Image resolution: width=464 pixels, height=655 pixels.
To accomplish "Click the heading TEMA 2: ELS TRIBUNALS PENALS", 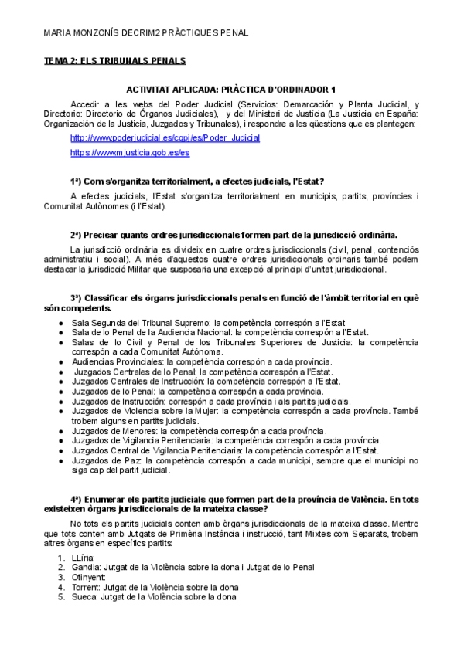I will pos(114,60).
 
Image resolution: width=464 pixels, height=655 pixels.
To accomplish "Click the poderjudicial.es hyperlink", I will pos(165,137).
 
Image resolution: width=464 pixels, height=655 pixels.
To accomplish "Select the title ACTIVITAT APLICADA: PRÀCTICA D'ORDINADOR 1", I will pos(230,90).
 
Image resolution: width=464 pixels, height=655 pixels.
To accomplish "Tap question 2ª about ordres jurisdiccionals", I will pos(234,234).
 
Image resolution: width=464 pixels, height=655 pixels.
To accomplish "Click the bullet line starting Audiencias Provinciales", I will pos(201,361).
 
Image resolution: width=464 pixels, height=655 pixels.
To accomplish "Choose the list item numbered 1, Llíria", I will pos(83,557).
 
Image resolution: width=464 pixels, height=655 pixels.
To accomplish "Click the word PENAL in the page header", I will pos(231,34).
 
